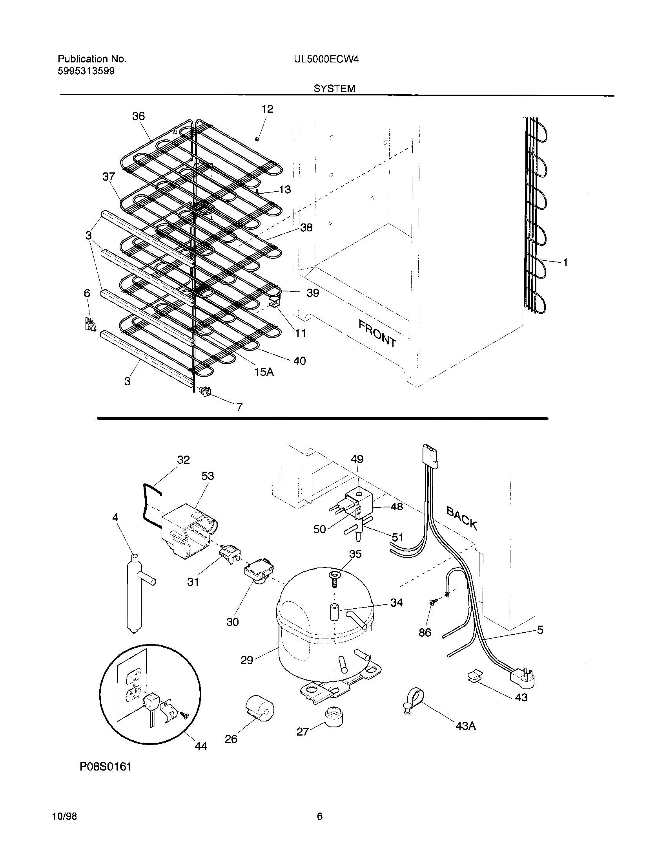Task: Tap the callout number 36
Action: click(138, 116)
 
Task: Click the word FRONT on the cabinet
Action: click(377, 333)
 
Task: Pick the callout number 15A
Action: click(264, 372)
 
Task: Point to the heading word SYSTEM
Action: click(334, 89)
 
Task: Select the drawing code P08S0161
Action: click(106, 778)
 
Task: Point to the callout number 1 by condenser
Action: click(565, 262)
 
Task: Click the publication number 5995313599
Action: click(86, 71)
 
